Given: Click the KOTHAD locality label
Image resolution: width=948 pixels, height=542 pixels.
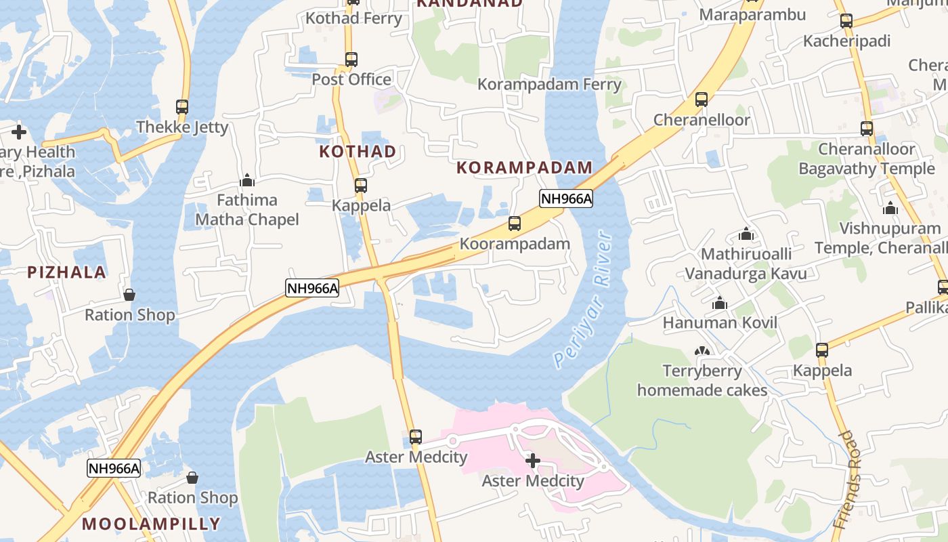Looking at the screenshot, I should tap(358, 152).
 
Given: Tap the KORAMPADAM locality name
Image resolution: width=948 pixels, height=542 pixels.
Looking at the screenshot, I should tap(524, 167).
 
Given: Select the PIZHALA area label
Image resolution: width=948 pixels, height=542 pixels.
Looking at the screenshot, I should tap(66, 272).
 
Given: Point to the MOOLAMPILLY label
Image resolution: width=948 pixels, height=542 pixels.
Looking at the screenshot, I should tap(151, 524).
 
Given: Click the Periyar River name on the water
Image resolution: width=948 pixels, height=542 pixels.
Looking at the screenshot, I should tap(582, 299).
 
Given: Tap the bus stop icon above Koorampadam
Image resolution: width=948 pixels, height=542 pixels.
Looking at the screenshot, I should tap(515, 224).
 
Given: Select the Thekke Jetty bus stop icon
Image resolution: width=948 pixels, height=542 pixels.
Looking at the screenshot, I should tap(182, 106).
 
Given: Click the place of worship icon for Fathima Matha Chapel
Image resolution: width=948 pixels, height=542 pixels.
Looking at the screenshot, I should tap(247, 180).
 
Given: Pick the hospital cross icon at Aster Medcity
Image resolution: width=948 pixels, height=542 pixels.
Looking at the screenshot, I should tap(533, 461).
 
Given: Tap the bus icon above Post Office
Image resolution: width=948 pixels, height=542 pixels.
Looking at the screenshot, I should tap(351, 59).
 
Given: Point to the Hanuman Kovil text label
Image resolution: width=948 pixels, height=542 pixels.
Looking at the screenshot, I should tap(720, 323).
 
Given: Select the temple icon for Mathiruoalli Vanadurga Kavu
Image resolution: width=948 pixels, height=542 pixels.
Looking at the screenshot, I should tap(746, 234).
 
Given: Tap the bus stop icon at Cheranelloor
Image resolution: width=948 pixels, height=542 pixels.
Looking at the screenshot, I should tap(702, 100).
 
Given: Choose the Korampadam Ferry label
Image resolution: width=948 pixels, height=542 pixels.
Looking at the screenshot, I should tap(549, 85).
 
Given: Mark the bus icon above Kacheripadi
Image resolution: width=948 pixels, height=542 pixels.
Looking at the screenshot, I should tap(846, 21).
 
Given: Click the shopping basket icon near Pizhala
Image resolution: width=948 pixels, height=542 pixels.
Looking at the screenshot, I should tap(129, 295).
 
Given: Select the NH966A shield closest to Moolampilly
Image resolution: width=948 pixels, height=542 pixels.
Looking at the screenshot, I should tap(114, 468).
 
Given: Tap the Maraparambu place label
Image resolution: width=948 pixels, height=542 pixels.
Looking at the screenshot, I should tap(752, 15).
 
